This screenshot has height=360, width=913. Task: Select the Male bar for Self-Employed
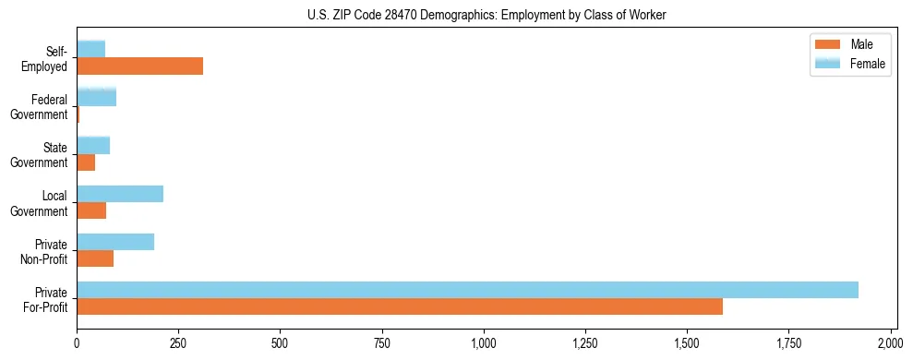[x=139, y=66]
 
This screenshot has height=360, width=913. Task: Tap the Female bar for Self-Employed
[x=90, y=48]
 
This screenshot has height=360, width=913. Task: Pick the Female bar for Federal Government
[x=96, y=96]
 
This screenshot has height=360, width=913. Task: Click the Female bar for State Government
[x=93, y=145]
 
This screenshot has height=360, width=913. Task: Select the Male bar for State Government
[x=86, y=162]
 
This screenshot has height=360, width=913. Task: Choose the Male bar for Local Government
[x=91, y=210]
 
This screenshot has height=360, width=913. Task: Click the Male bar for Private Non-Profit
[x=95, y=258]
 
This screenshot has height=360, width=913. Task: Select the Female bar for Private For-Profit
[x=467, y=290]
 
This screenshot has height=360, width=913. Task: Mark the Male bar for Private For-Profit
[x=400, y=306]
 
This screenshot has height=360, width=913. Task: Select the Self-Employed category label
[x=50, y=58]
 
